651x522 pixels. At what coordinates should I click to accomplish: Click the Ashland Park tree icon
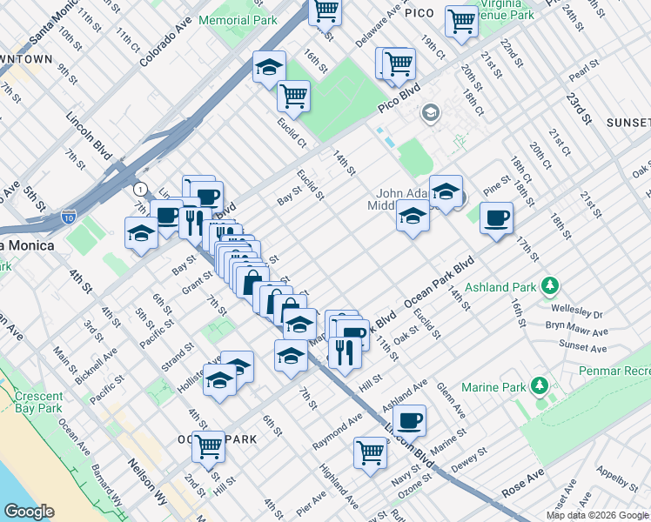click(549, 285)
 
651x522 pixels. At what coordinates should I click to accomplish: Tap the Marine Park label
click(500, 387)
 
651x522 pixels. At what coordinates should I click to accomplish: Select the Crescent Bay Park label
click(37, 401)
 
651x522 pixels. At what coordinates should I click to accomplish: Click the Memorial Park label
click(238, 19)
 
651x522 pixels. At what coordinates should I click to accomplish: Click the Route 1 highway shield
click(139, 188)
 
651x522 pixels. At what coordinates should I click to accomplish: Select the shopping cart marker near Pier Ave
click(370, 452)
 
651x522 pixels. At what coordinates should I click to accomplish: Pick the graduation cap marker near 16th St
click(270, 66)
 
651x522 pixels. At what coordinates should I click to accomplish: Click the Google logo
click(29, 511)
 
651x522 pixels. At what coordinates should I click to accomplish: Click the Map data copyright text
click(597, 515)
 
